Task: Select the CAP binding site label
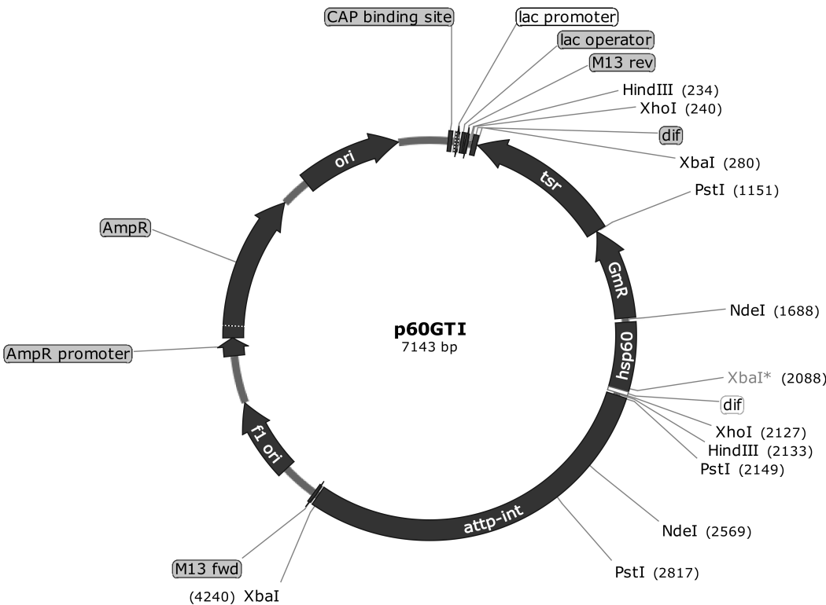pyautogui.click(x=389, y=16)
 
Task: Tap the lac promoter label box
pyautogui.click(x=566, y=16)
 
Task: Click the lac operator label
pyautogui.click(x=606, y=39)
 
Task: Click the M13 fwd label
pyautogui.click(x=207, y=567)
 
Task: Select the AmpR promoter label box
pyautogui.click(x=68, y=354)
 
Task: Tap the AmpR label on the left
pyautogui.click(x=126, y=228)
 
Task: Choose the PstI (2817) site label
pyautogui.click(x=656, y=571)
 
